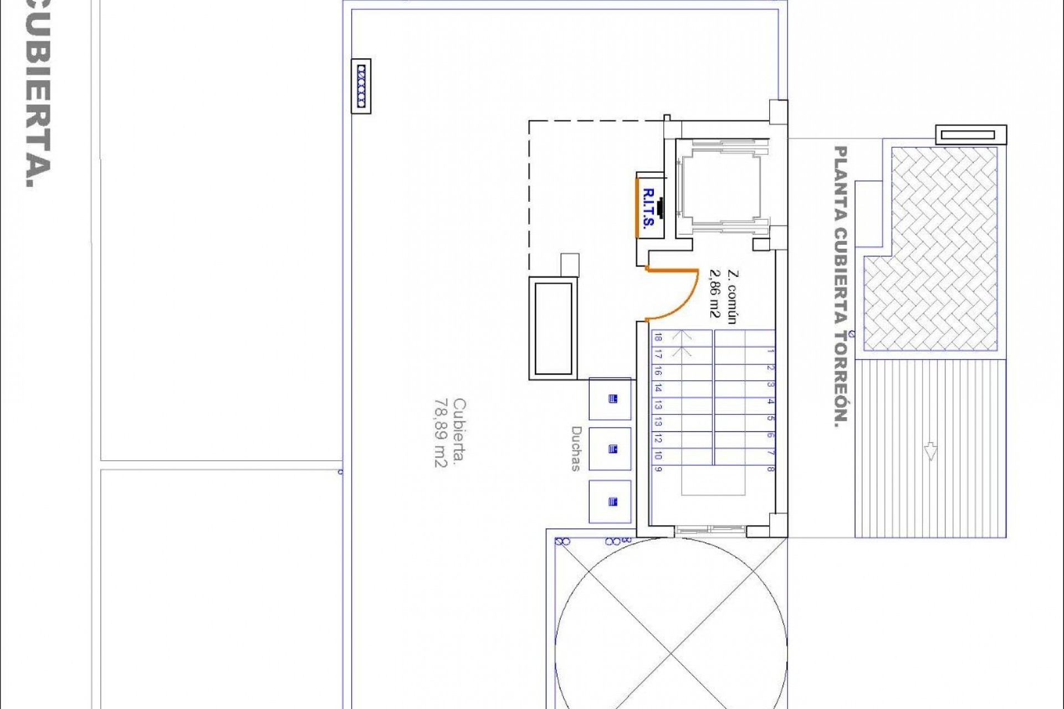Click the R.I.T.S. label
coord(648,208)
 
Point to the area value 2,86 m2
coord(715,294)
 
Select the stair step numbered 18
coord(658,337)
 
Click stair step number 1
coord(770,351)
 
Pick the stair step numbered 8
coord(770,469)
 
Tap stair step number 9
coord(658,469)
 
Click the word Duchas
coord(576,449)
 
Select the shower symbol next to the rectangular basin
coord(612,399)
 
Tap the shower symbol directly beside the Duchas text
coord(612,449)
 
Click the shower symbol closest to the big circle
coord(612,502)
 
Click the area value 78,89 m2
coord(441,433)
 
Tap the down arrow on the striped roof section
coord(930,451)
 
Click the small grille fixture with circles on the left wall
coord(361,86)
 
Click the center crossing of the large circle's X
coord(671,654)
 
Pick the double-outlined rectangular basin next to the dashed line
coord(553,328)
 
